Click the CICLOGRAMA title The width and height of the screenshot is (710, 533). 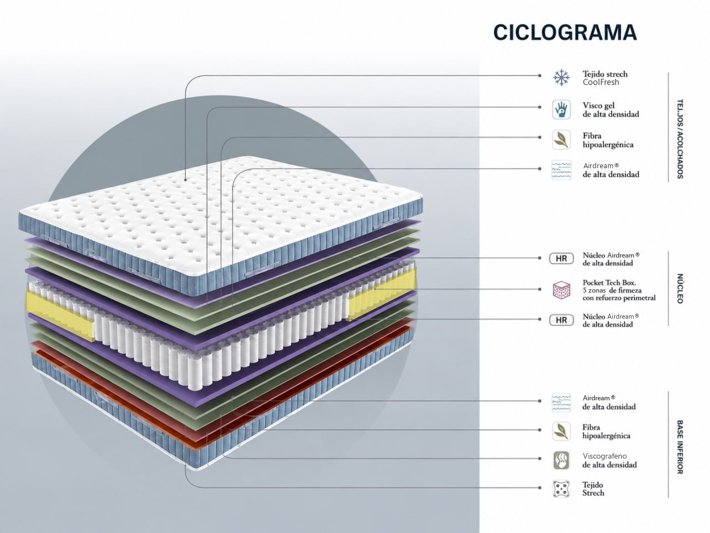pyautogui.click(x=565, y=32)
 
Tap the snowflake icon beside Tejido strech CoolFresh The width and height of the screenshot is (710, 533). pyautogui.click(x=561, y=78)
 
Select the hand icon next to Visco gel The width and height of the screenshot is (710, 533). pyautogui.click(x=561, y=109)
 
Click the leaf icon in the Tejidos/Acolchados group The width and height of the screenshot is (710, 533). pyautogui.click(x=561, y=140)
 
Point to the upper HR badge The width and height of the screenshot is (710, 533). pyautogui.click(x=561, y=259)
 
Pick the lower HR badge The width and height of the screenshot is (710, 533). pyautogui.click(x=561, y=320)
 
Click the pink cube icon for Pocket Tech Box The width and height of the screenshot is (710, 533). pyautogui.click(x=561, y=290)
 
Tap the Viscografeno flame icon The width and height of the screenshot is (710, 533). pyautogui.click(x=561, y=460)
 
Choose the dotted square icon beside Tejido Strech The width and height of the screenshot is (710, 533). pyautogui.click(x=561, y=489)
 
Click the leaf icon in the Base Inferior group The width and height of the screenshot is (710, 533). pyautogui.click(x=561, y=431)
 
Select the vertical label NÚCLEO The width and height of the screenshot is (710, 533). pyautogui.click(x=680, y=288)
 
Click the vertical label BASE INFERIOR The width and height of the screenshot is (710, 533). pyautogui.click(x=680, y=447)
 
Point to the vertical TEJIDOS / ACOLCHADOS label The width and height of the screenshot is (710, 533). pyautogui.click(x=680, y=139)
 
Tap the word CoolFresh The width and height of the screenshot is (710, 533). pyautogui.click(x=601, y=82)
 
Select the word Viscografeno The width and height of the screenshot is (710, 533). pyautogui.click(x=605, y=456)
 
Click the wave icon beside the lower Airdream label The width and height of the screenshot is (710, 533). pyautogui.click(x=561, y=403)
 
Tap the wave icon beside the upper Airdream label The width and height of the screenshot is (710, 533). pyautogui.click(x=561, y=169)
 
